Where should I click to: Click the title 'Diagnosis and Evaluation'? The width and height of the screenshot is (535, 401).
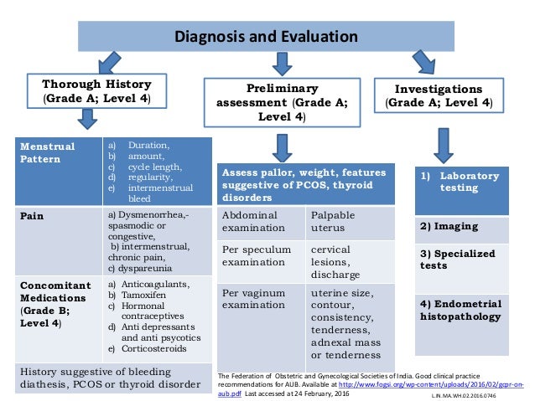265,36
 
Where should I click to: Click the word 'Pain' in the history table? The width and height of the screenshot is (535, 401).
33,215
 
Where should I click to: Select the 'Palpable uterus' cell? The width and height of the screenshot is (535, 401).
333,221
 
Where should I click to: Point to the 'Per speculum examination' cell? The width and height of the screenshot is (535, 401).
256,256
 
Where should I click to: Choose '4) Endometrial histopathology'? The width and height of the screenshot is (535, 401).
460,310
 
